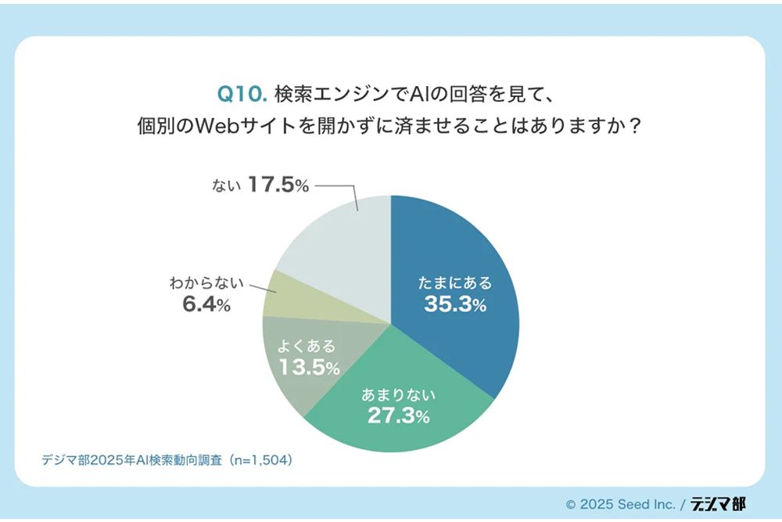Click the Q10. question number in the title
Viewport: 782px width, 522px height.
click(242, 94)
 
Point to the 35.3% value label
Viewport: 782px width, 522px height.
click(455, 304)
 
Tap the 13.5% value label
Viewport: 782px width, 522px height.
click(309, 367)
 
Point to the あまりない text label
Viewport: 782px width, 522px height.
click(398, 394)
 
